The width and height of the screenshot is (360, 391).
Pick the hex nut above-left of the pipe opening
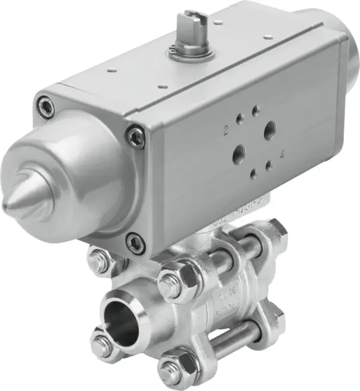(98, 259)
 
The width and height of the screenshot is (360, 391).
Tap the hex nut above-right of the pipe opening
(170, 279)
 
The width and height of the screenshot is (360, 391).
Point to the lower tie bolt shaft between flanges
(228, 339)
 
